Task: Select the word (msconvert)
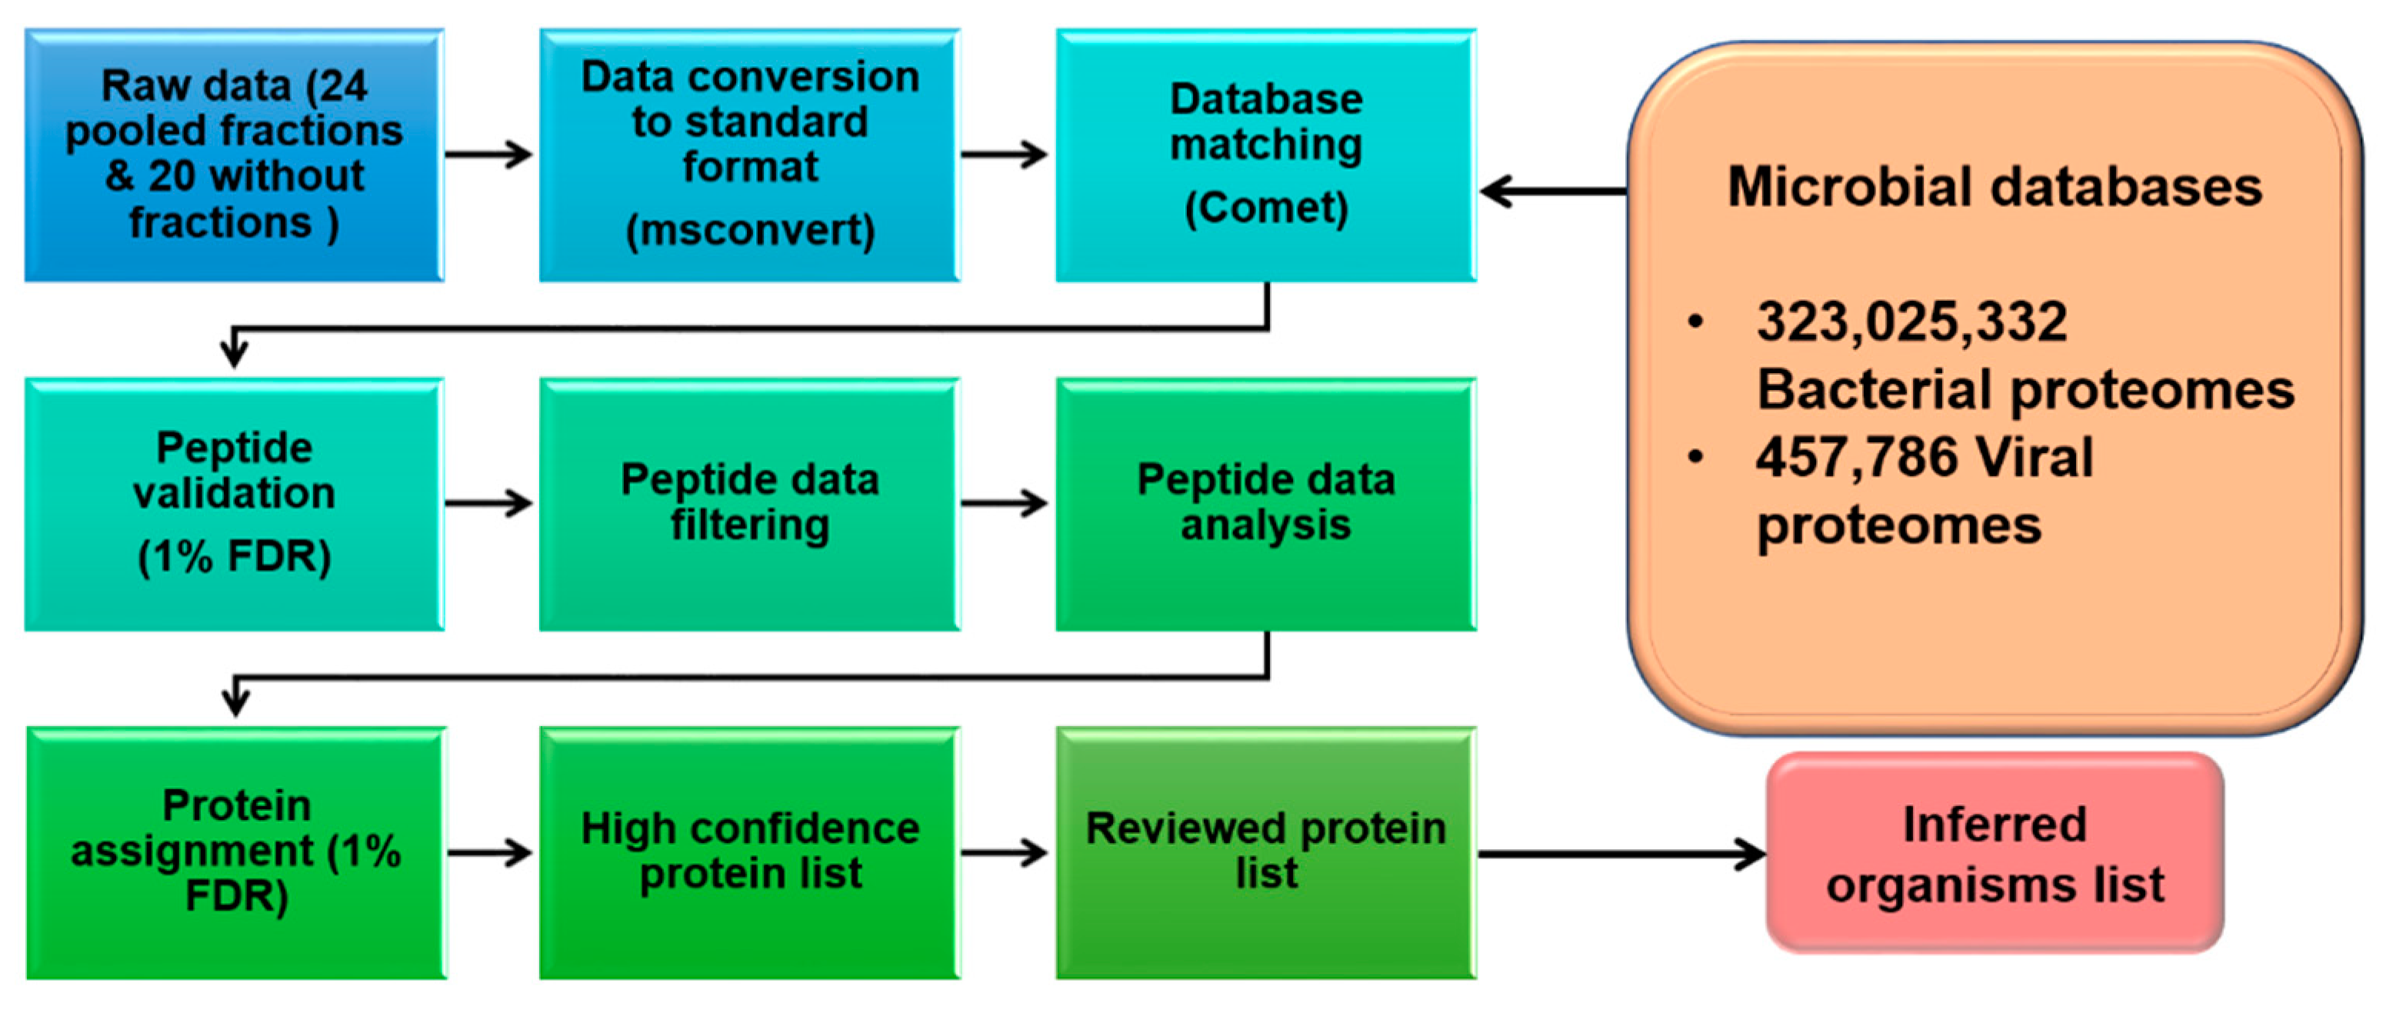(x=749, y=230)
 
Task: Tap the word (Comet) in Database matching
(x=1265, y=208)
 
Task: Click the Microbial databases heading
(x=1994, y=186)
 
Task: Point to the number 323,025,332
(x=1911, y=322)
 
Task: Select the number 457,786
(x=1856, y=458)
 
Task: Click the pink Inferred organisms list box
(x=1994, y=853)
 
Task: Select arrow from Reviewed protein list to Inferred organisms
(x=1621, y=853)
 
